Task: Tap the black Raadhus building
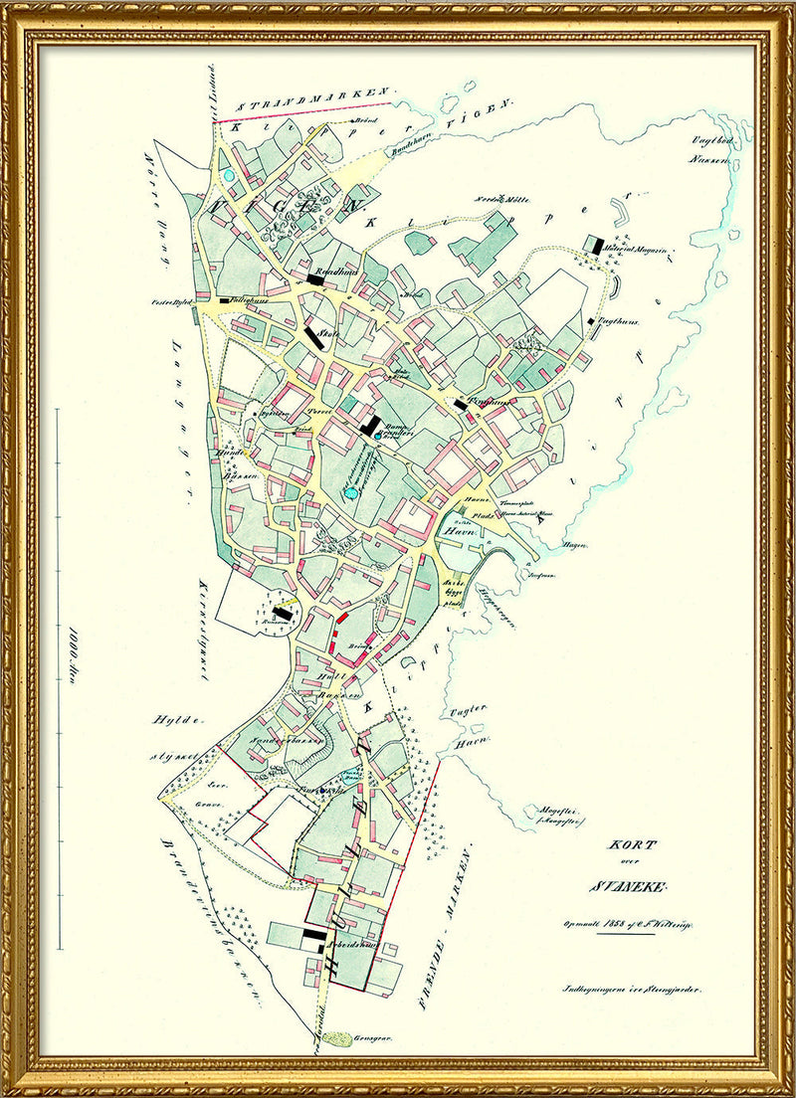click(x=315, y=281)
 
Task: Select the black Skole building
click(x=316, y=338)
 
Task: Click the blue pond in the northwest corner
click(x=230, y=176)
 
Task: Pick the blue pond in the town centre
click(x=350, y=492)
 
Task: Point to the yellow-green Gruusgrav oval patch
click(x=339, y=1038)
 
